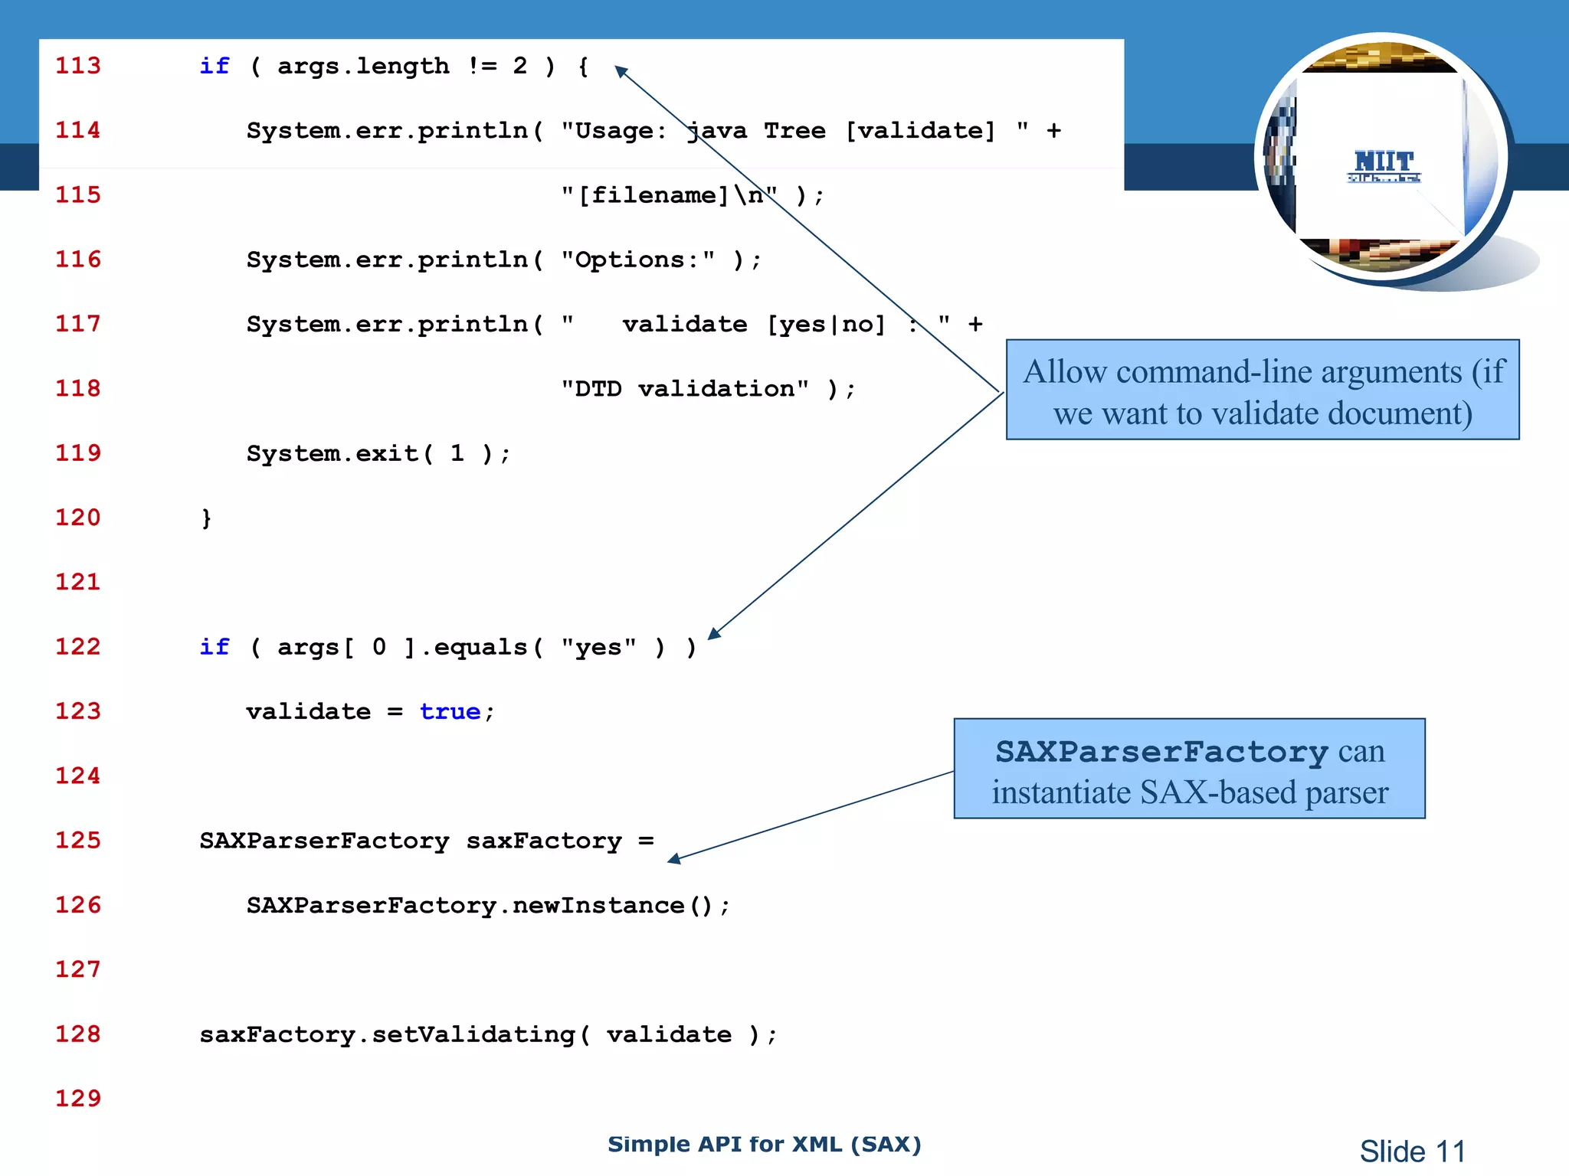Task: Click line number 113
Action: [x=77, y=66]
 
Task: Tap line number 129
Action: [x=77, y=1098]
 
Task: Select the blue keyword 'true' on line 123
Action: [x=450, y=711]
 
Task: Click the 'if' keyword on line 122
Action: [x=214, y=647]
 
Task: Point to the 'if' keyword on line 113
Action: [x=214, y=66]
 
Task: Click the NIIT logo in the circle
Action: [x=1384, y=165]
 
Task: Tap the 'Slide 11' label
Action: [x=1412, y=1151]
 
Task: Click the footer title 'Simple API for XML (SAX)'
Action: [x=764, y=1144]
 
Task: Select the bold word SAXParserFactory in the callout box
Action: [x=1161, y=751]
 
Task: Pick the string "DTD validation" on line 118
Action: [x=684, y=389]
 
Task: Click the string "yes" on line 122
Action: [x=598, y=647]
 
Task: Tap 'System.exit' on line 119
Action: [x=332, y=453]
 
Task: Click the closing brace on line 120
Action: [x=206, y=518]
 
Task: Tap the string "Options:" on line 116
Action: [x=637, y=260]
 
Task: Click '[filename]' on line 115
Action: [x=653, y=195]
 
